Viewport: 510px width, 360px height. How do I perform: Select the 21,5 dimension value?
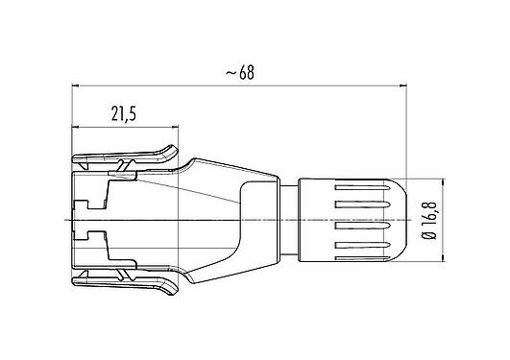(123, 113)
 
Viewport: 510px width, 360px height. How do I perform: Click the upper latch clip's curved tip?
(173, 154)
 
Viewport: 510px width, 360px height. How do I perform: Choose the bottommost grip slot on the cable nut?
(364, 254)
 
